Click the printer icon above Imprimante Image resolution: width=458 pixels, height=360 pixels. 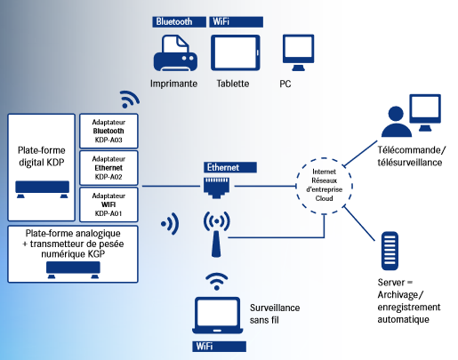pos(175,53)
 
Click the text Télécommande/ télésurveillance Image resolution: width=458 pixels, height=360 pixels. pos(410,156)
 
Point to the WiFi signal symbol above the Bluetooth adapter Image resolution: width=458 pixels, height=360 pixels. pos(130,99)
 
